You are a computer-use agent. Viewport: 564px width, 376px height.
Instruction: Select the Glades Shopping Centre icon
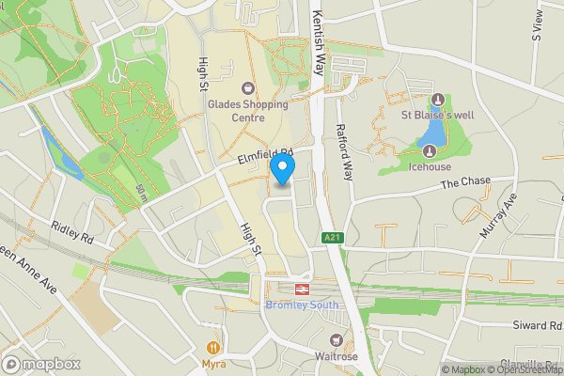(248, 87)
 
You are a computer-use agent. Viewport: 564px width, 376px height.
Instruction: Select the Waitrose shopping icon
(335, 339)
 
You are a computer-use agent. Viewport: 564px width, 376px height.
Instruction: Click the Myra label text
(213, 363)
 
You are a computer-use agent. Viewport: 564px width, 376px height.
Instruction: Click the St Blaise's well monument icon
(436, 101)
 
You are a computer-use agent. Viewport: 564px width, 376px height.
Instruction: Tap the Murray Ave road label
(501, 217)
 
